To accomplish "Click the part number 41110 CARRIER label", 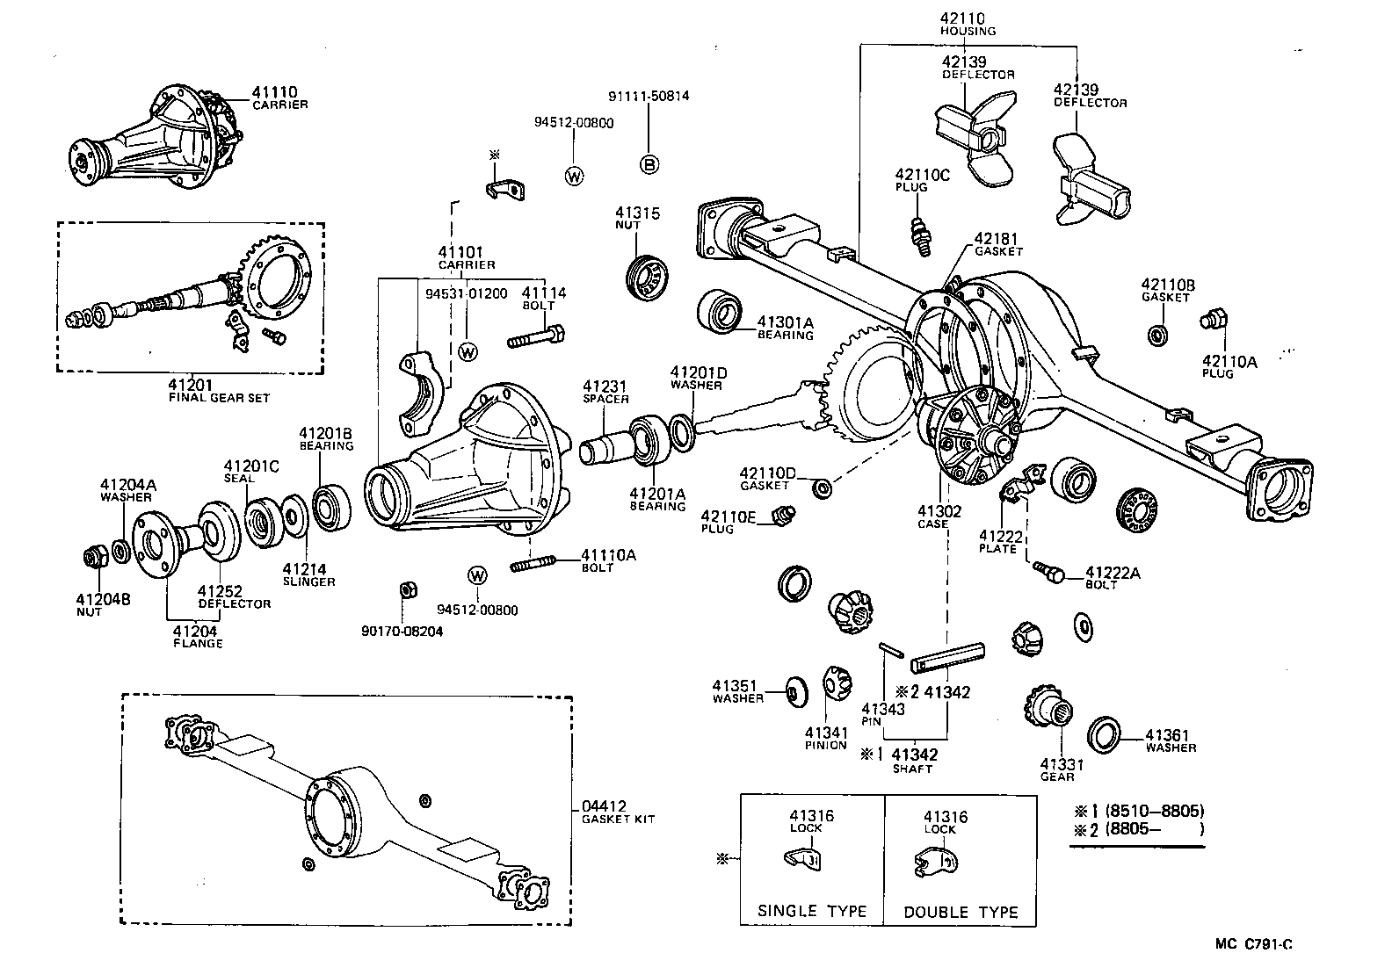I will coord(279,97).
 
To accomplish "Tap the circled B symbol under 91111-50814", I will coord(649,163).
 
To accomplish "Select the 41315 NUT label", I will coord(637,218).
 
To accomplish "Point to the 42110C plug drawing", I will coord(921,235).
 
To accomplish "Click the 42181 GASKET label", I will coord(998,243).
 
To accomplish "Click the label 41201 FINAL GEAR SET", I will coord(218,390).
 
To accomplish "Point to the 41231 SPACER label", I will coord(605,392).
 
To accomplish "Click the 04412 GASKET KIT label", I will coord(617,812).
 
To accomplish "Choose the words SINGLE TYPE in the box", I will coord(811,911).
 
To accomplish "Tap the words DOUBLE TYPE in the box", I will coord(961,912).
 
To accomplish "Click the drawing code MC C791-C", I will coord(1254,944).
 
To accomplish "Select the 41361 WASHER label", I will coord(1170,740).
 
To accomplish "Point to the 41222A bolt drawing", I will coord(1049,571).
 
